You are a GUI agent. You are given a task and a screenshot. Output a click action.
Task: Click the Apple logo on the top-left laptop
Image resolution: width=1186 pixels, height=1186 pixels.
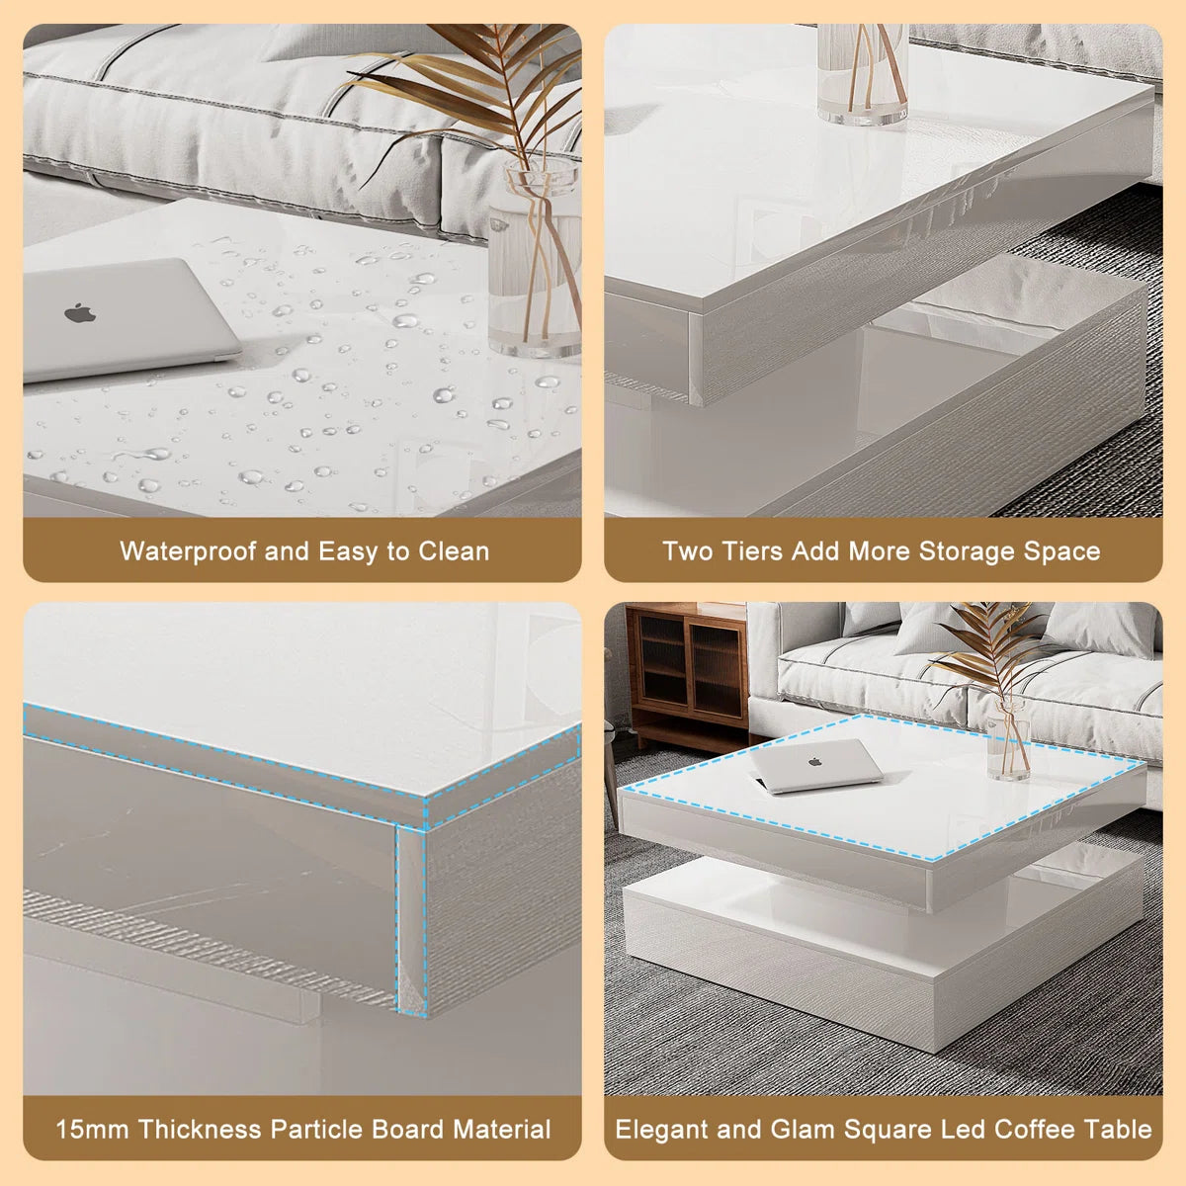coord(81,314)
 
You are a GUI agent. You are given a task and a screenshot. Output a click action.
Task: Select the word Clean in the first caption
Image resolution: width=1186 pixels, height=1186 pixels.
coord(454,551)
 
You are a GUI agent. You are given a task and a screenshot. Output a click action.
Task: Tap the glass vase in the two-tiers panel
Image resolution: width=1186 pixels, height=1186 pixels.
coord(862,74)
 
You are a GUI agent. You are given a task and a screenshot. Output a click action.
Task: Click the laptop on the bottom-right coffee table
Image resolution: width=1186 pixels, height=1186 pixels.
coord(815,765)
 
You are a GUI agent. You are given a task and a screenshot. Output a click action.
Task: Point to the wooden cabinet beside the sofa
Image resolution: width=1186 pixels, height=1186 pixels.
coord(688,672)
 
